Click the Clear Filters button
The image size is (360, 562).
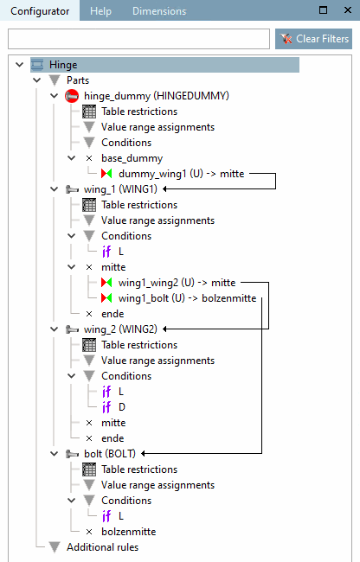coord(313,39)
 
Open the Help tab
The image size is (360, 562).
coord(100,11)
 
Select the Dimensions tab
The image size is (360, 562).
coord(158,11)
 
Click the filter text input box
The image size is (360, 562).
coord(138,39)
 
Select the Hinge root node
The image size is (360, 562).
coord(63,65)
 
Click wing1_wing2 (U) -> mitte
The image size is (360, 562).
coord(180,283)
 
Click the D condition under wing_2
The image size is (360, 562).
coord(121,407)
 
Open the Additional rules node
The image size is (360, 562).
coord(102,547)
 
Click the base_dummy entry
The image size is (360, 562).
coord(131,158)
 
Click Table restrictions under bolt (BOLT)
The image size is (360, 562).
coord(138,469)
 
